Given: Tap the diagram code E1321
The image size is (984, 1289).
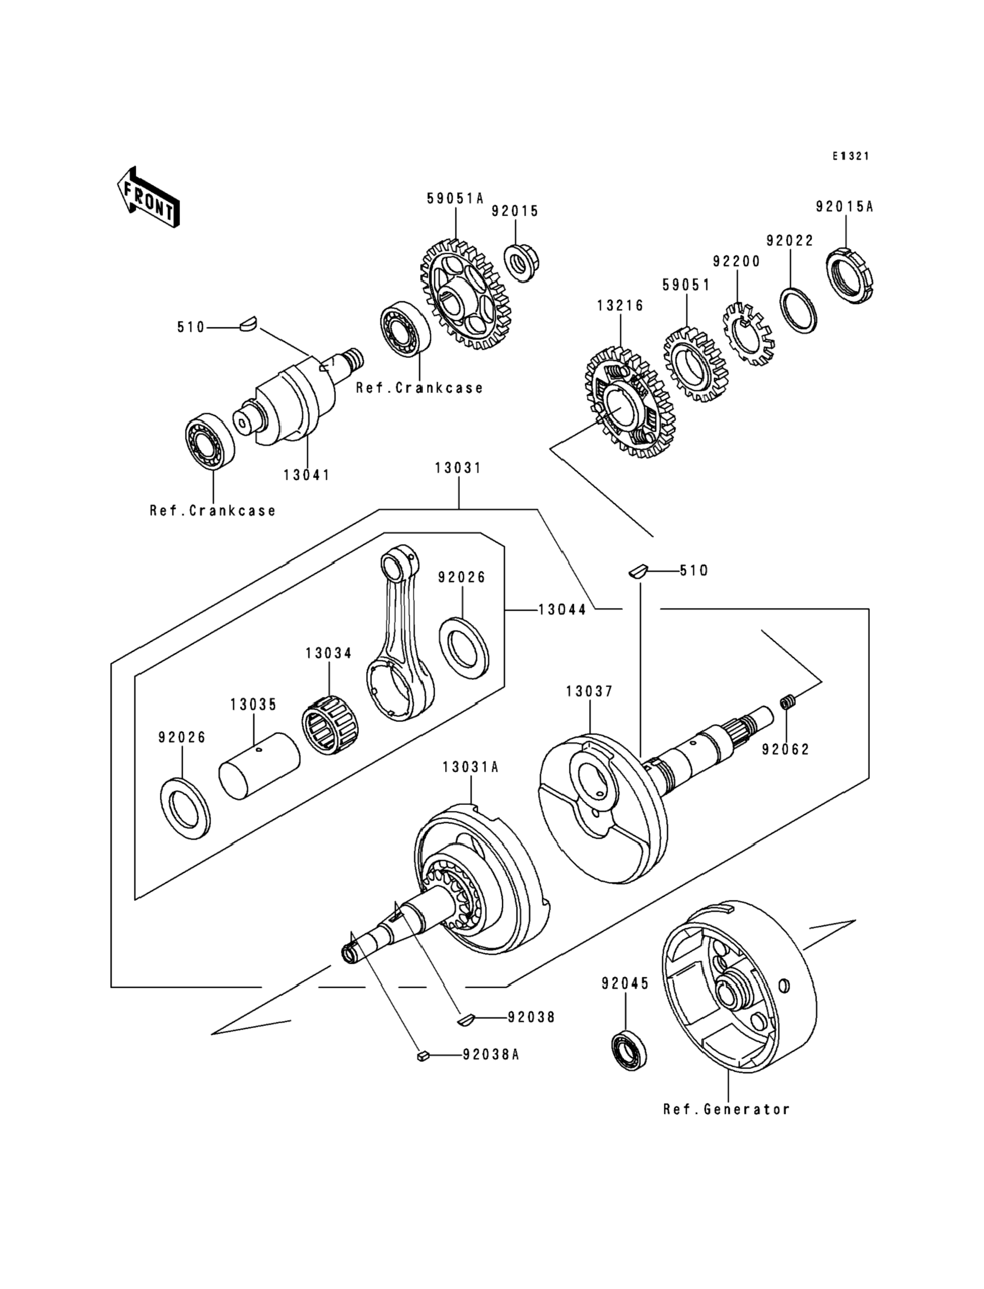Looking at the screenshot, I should pos(851,156).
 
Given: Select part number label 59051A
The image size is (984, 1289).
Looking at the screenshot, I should pos(455,199).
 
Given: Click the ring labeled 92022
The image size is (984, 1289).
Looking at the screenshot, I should pos(799,311).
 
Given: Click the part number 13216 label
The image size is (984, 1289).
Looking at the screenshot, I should pos(620,306).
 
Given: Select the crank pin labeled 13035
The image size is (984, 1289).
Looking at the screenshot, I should pos(259,766).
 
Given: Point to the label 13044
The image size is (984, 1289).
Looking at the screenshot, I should pos(562,610).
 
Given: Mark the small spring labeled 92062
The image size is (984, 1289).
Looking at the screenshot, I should pos(788,701).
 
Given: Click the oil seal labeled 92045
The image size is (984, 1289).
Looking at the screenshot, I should pos(629,1050).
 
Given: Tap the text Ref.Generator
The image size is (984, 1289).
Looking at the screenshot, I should pos(727,1109).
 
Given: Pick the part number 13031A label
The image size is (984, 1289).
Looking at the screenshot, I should pos(470,767).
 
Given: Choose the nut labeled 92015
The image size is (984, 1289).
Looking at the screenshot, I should pos(521,262).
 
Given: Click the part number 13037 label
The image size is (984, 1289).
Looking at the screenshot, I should pos(589,691).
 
